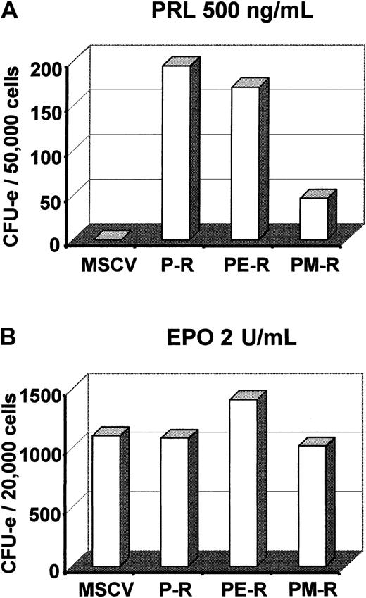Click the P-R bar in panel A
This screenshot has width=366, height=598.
177,152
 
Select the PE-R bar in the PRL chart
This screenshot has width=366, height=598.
246,163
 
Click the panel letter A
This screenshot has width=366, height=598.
10,11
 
